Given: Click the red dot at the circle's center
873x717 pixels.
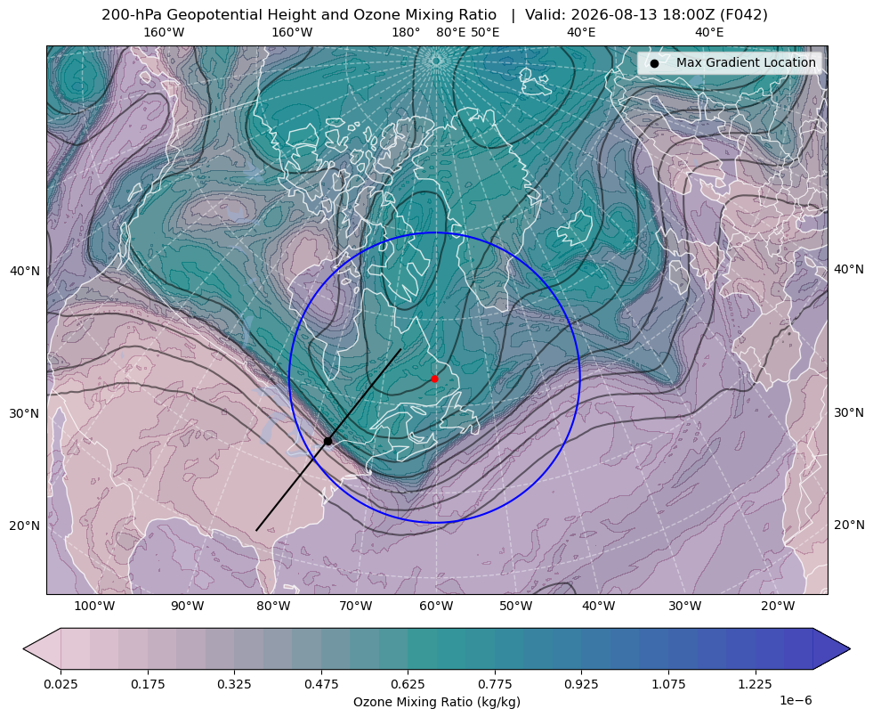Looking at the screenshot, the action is pos(434,379).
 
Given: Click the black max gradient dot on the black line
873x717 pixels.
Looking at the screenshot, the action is pos(328,441).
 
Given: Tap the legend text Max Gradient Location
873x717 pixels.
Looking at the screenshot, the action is pos(746,62).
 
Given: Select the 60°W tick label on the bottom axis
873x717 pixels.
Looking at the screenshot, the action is pos(436,606).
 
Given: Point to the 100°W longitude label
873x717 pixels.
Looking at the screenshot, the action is pos(94,606).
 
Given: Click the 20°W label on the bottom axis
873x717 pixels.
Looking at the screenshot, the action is pos(778,606).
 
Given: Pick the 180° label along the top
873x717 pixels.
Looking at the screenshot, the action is pos(406,32).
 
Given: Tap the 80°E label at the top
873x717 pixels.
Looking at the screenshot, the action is pos(450,32).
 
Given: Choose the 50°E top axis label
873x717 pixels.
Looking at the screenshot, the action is pos(485,32).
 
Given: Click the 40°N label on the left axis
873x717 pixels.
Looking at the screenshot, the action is pos(25,271).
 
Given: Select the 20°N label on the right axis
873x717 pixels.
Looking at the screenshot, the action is pos(849,525).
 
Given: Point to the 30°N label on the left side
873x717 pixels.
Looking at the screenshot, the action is pos(25,413).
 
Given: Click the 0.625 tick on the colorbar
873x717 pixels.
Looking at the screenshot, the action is pos(408,684).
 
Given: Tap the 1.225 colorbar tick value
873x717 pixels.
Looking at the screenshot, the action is pos(755,684).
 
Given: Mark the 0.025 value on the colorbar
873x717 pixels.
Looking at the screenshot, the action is pos(61,684).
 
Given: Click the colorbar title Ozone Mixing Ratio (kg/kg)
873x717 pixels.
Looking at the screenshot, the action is pos(436,701).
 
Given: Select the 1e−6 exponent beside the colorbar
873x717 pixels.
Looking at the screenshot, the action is pos(796,700).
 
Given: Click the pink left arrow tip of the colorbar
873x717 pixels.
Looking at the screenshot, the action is pos(24,648).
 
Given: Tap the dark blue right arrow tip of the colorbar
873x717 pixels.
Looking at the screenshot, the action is pos(849,648).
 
